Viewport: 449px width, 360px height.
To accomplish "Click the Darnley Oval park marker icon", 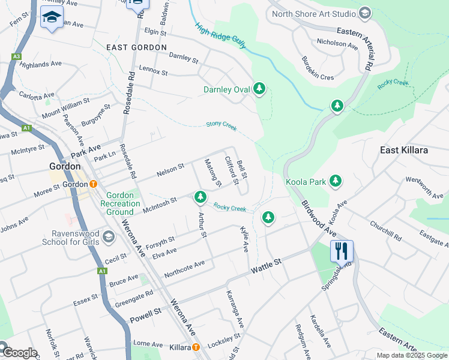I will click(259, 89).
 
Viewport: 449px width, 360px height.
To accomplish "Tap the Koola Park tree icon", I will click(335, 181).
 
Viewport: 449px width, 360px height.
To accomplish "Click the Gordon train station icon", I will click(94, 184).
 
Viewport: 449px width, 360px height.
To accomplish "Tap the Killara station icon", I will click(196, 347).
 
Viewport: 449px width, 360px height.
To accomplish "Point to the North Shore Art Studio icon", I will click(364, 14).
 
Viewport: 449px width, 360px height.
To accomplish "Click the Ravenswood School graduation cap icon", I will click(108, 236).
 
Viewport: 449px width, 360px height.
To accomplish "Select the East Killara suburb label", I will click(404, 150).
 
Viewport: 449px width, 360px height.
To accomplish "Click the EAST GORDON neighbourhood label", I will click(136, 47).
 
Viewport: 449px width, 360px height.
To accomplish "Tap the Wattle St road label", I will click(270, 263).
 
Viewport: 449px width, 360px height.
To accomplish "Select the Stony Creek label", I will click(221, 125).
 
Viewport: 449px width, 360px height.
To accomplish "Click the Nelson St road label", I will click(170, 169).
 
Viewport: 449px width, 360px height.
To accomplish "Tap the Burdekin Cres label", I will click(318, 69).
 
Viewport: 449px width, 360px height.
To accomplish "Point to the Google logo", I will click(19, 353).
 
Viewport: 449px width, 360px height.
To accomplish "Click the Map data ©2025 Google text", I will click(412, 355).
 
